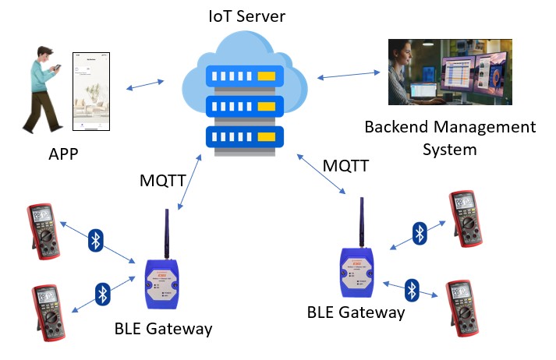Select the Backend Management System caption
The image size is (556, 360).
tap(450, 137)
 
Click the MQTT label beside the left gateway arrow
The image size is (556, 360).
tap(162, 181)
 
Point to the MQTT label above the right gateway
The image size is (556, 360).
tap(345, 166)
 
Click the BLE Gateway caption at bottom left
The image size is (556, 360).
tap(163, 328)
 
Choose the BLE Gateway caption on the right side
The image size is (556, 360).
tap(356, 312)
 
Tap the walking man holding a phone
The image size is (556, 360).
tap(42, 89)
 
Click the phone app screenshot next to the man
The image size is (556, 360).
tap(92, 92)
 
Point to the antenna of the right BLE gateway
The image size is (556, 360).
tap(362, 221)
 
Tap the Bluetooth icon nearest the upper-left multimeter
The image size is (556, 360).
tap(95, 240)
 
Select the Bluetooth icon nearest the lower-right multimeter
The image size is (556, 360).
tap(412, 290)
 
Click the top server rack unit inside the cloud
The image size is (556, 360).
tap(241, 76)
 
